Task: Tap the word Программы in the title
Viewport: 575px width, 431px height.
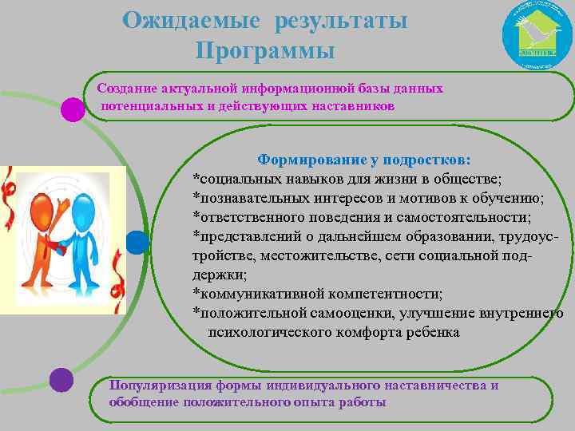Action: tap(264, 51)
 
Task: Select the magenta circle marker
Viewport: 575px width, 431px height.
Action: tap(73, 109)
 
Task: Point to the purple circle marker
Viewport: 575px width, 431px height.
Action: tap(61, 380)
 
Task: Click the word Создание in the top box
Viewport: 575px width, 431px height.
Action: tap(125, 89)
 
